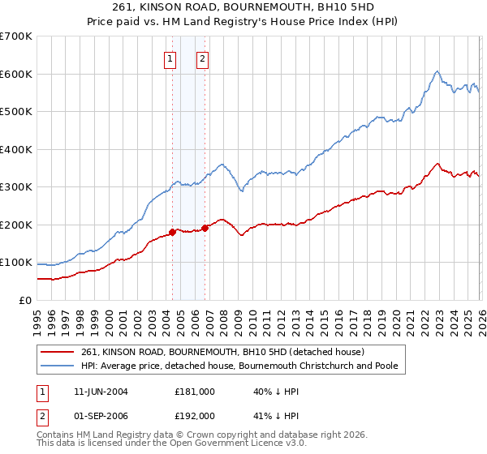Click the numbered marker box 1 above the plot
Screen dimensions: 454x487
(170, 58)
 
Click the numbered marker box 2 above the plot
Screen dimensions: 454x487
(202, 58)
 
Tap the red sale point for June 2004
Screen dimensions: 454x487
(172, 232)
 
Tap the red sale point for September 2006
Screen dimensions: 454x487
(205, 228)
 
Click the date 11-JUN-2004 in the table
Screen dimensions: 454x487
(101, 391)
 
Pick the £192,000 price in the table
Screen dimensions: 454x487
(194, 415)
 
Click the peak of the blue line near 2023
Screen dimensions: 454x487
(437, 71)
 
